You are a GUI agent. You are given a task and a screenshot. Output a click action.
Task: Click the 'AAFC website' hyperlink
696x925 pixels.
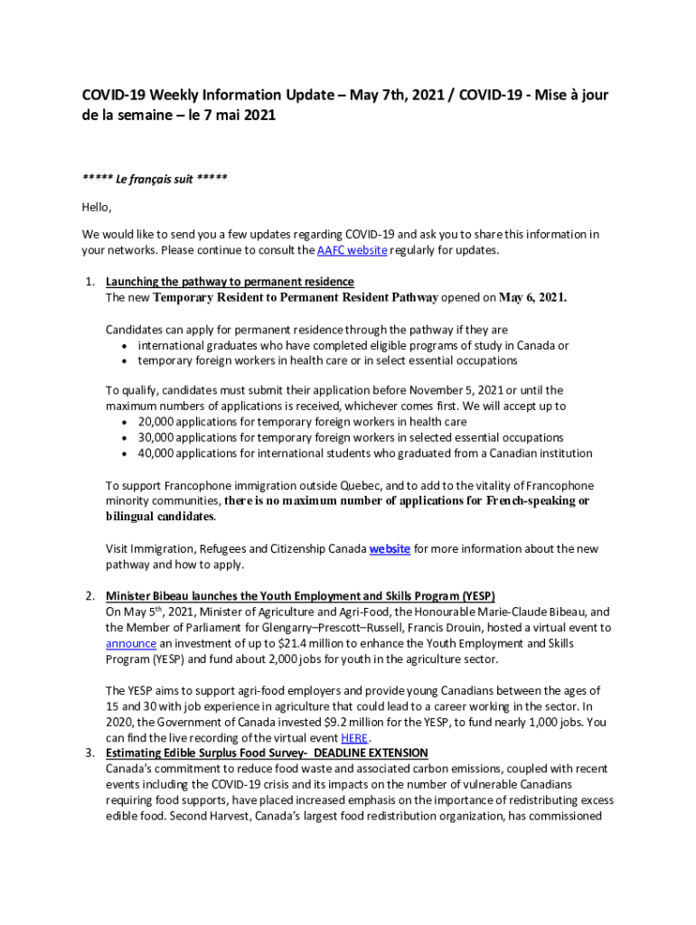tap(352, 250)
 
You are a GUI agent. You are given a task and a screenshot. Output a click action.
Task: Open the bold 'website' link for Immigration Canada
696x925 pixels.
tap(390, 548)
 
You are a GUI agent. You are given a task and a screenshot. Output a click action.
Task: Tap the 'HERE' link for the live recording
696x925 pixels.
tap(354, 737)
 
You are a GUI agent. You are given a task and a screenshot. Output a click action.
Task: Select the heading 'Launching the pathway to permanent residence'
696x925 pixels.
tap(230, 281)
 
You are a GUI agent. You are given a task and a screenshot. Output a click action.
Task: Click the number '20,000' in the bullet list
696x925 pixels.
tap(157, 422)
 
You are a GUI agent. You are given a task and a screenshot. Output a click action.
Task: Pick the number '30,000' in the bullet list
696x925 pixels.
tap(157, 437)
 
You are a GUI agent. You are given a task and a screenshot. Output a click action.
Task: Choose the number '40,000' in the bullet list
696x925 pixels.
tap(157, 453)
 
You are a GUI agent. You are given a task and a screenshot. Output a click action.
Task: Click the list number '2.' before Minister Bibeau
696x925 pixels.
tap(90, 596)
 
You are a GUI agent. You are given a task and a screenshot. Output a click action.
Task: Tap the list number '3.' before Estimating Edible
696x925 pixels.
tap(90, 752)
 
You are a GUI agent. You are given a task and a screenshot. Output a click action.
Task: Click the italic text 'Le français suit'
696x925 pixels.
tap(155, 179)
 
